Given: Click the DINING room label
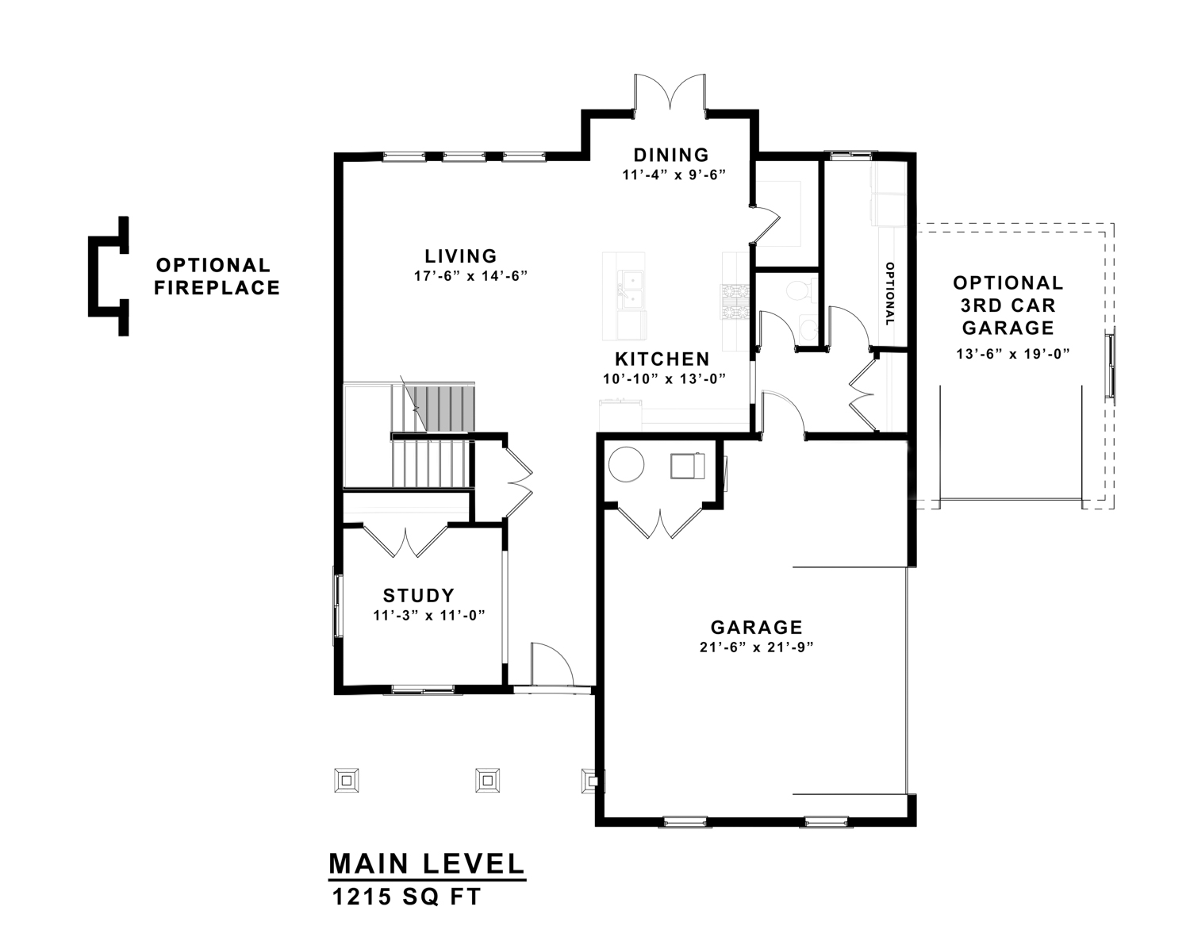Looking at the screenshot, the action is pos(670,155).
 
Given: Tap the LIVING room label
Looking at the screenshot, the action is pos(461,256).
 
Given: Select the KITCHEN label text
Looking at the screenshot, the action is pos(662,359).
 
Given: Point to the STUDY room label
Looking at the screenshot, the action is pos(419,595).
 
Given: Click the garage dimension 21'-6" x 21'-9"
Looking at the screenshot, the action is pos(757,648).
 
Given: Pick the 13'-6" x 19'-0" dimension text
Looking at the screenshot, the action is pos(1013,354).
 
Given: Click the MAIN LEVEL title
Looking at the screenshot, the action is pos(426,864).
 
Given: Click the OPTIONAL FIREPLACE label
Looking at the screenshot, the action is pos(217,276).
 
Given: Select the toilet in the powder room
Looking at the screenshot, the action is pos(799,290).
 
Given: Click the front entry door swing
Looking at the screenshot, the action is pos(552,664).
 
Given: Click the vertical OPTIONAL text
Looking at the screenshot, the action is pos(890,294).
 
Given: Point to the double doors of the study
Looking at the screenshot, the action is pos(405,541).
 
